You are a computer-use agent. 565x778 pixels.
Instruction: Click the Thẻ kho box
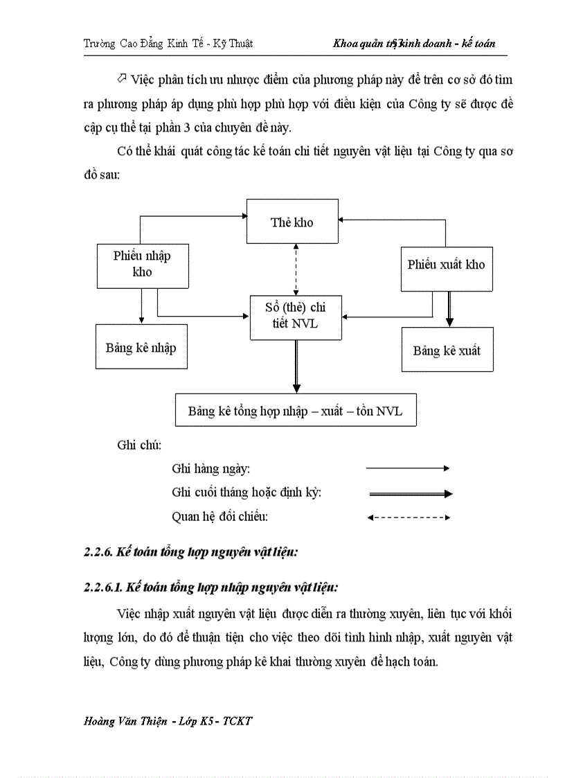click(292, 221)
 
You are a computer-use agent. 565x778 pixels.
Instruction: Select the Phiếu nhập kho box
click(142, 265)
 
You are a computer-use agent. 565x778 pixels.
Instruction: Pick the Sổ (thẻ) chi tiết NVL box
click(296, 317)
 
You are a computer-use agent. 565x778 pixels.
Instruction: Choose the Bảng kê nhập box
click(141, 346)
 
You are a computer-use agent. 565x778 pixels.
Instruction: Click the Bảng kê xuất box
click(447, 350)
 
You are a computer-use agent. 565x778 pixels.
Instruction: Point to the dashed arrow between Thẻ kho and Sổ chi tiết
click(296, 269)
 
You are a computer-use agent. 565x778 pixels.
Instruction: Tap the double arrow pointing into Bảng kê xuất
click(449, 309)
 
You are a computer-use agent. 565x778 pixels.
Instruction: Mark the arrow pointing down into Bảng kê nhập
click(141, 306)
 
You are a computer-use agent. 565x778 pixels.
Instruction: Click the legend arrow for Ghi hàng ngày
click(409, 468)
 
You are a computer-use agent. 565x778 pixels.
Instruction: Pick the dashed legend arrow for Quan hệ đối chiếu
click(409, 517)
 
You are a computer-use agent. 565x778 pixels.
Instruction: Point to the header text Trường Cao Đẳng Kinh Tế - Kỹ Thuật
click(168, 44)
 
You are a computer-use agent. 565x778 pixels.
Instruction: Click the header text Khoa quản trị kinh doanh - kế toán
click(414, 44)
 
